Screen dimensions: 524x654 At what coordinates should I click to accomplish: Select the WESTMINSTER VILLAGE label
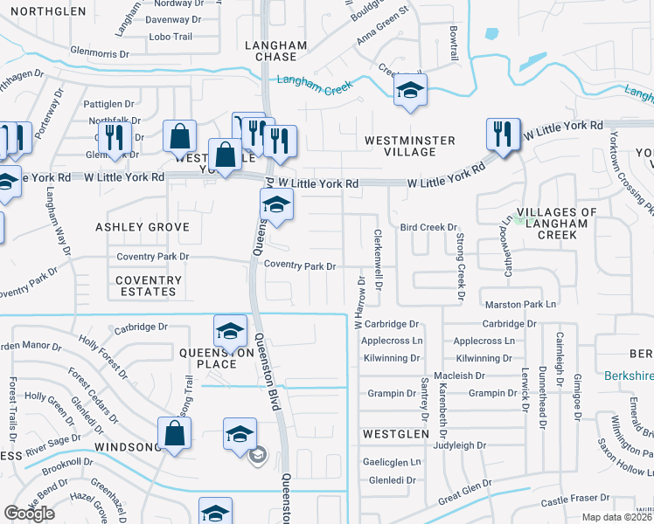(410, 146)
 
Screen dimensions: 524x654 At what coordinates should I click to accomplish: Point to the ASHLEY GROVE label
(143, 227)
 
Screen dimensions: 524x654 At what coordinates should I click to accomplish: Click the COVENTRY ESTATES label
(147, 286)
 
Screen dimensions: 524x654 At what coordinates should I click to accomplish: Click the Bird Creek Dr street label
(429, 227)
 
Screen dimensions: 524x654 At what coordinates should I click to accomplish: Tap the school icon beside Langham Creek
(410, 91)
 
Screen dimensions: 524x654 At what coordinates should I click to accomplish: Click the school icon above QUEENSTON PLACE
(229, 330)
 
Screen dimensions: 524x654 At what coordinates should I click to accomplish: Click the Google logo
(30, 514)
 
